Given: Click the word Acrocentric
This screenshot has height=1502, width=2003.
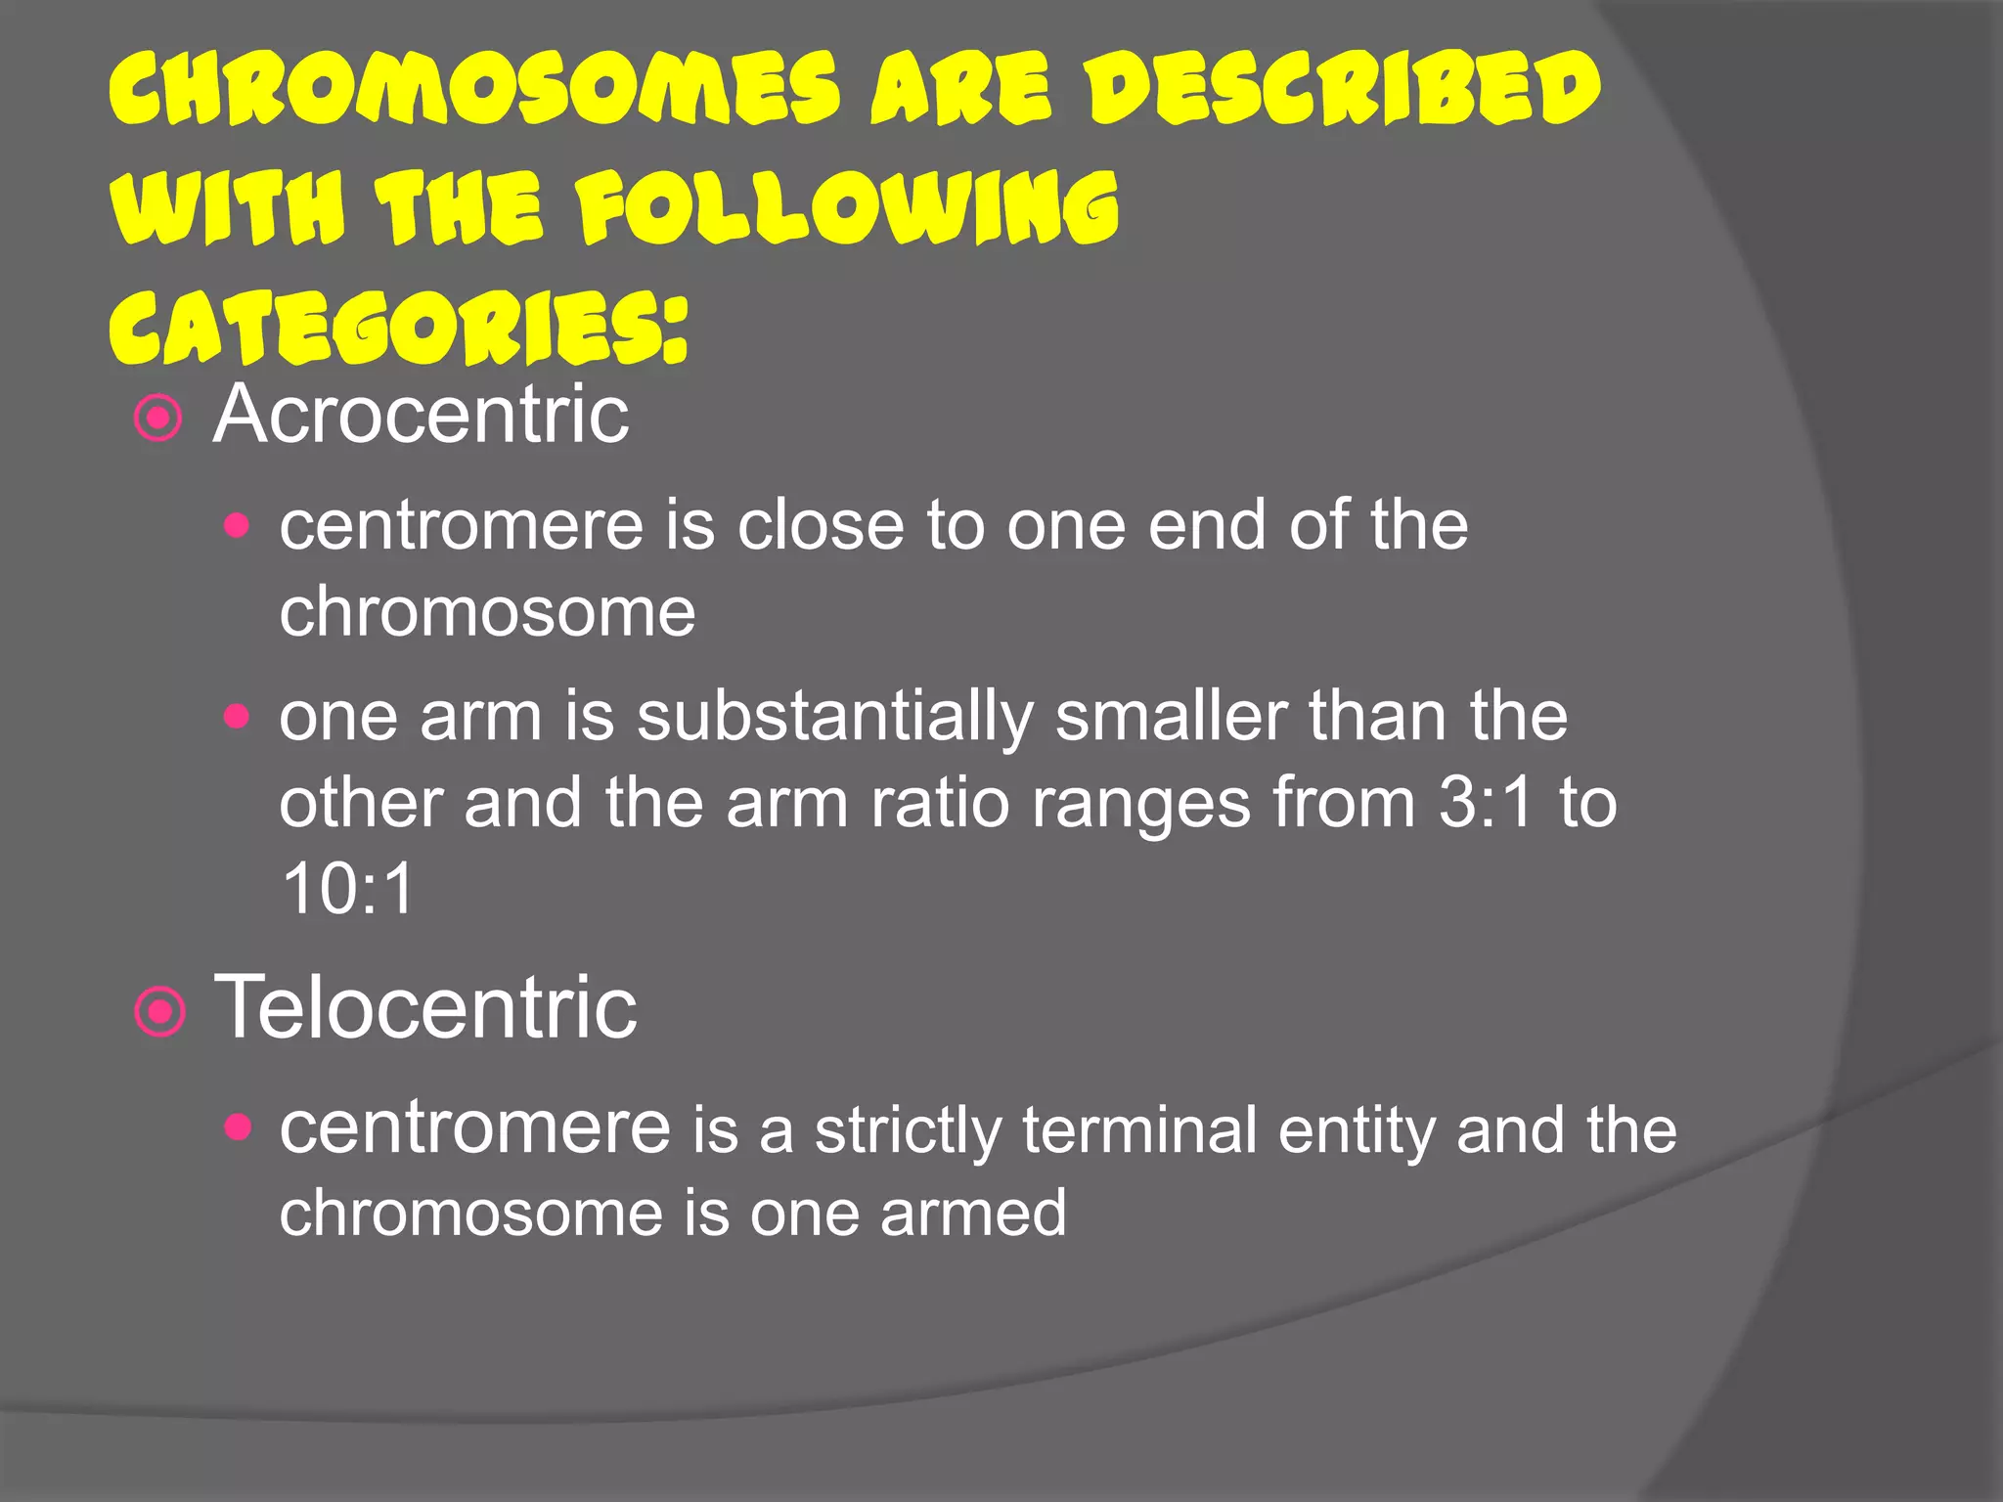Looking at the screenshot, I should click(421, 416).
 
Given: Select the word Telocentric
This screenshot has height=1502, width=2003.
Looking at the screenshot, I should click(425, 1008).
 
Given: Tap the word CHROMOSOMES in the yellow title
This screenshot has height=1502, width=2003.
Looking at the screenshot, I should click(474, 90).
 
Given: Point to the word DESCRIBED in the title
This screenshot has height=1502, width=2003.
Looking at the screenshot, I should click(1345, 90).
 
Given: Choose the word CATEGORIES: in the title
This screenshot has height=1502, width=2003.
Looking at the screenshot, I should click(399, 328).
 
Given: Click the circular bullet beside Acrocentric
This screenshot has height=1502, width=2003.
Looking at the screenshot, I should click(158, 420).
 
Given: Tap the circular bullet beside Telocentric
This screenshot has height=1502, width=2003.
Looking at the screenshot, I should click(159, 1012).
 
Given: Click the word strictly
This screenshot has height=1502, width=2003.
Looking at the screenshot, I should click(909, 1131).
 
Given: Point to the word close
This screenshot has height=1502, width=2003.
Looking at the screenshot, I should click(821, 526).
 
